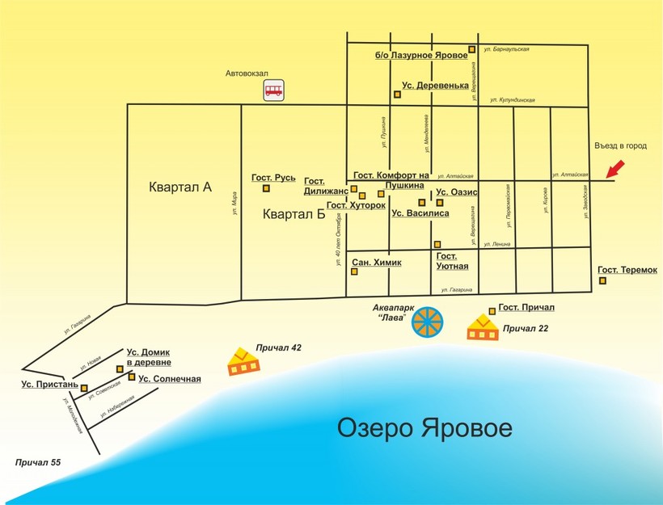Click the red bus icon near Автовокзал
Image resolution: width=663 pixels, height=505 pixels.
coord(274,90)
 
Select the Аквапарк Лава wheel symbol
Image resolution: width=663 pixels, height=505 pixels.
coord(428,322)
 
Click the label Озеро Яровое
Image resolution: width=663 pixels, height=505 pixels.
coord(424,427)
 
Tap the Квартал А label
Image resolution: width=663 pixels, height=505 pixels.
coord(180,187)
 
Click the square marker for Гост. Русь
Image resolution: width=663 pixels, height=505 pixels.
coord(265,189)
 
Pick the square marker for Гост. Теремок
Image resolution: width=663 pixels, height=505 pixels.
coord(603,280)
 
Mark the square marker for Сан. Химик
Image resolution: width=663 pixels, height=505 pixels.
coord(354,271)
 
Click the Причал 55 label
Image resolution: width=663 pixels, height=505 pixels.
coord(38,463)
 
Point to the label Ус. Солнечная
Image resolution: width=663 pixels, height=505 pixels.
coord(169,378)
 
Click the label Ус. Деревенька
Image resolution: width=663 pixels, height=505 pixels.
coord(435,86)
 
